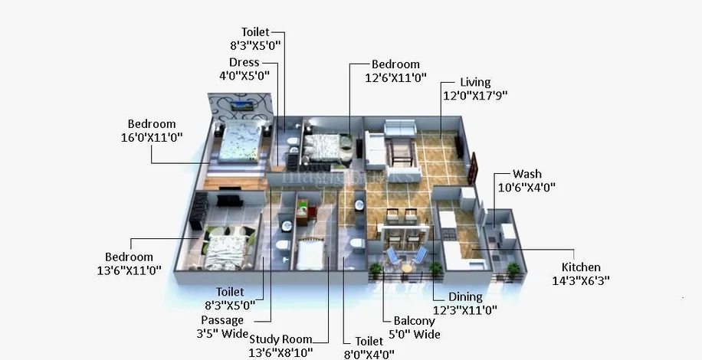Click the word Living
point(475,82)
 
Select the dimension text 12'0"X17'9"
point(475,96)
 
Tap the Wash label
point(527,174)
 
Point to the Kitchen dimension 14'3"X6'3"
point(581,281)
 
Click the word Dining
point(466,297)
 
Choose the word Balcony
point(414,321)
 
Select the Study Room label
point(280,339)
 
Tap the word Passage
point(222,320)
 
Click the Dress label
point(244,62)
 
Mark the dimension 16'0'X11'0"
point(152,137)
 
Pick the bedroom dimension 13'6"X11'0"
point(129,270)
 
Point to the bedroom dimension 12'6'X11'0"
point(395,77)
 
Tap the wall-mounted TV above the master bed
point(241,106)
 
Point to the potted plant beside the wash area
point(513,270)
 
